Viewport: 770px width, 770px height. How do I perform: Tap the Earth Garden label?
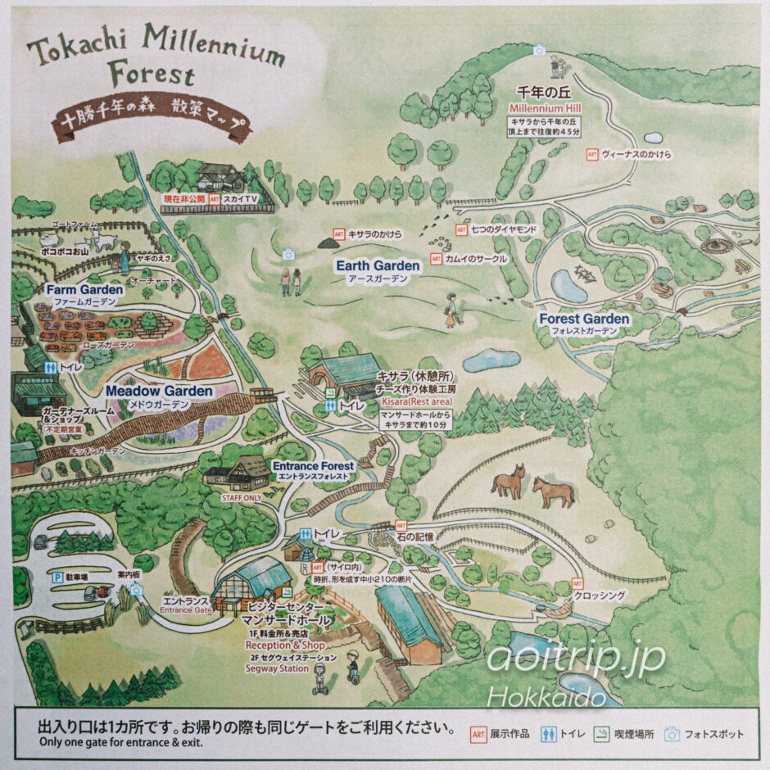click(378, 265)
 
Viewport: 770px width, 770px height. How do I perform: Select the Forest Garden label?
click(584, 319)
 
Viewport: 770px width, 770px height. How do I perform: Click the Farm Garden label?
click(84, 289)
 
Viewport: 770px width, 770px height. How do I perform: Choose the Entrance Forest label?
click(314, 466)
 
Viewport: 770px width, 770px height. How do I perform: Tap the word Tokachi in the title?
click(77, 48)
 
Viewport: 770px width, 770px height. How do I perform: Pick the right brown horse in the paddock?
click(554, 491)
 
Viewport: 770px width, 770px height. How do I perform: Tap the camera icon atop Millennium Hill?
click(539, 50)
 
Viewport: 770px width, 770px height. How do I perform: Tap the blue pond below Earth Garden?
click(491, 360)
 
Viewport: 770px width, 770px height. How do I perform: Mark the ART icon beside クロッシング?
click(577, 583)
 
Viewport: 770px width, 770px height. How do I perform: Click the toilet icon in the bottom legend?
click(548, 733)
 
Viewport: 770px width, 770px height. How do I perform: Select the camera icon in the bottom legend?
click(673, 733)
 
